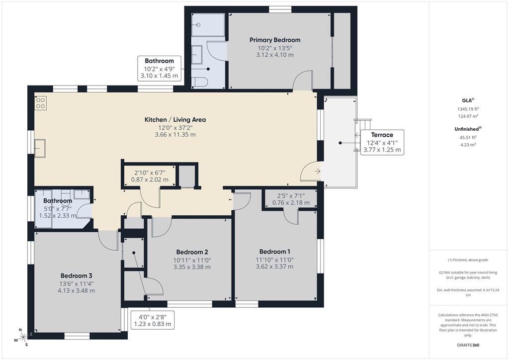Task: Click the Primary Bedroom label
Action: (x=274, y=40)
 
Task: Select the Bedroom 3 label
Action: (x=76, y=275)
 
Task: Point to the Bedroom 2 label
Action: (x=191, y=252)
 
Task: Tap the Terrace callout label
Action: (x=382, y=135)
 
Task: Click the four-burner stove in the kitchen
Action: (x=40, y=103)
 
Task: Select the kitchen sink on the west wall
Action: (x=40, y=148)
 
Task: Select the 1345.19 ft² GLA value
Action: (x=468, y=109)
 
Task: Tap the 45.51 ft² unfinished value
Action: (x=468, y=138)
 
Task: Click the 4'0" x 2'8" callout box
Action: (x=153, y=320)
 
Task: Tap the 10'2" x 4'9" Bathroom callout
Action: (x=159, y=69)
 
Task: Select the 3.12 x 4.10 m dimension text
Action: (x=274, y=55)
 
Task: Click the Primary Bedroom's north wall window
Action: (x=280, y=9)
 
